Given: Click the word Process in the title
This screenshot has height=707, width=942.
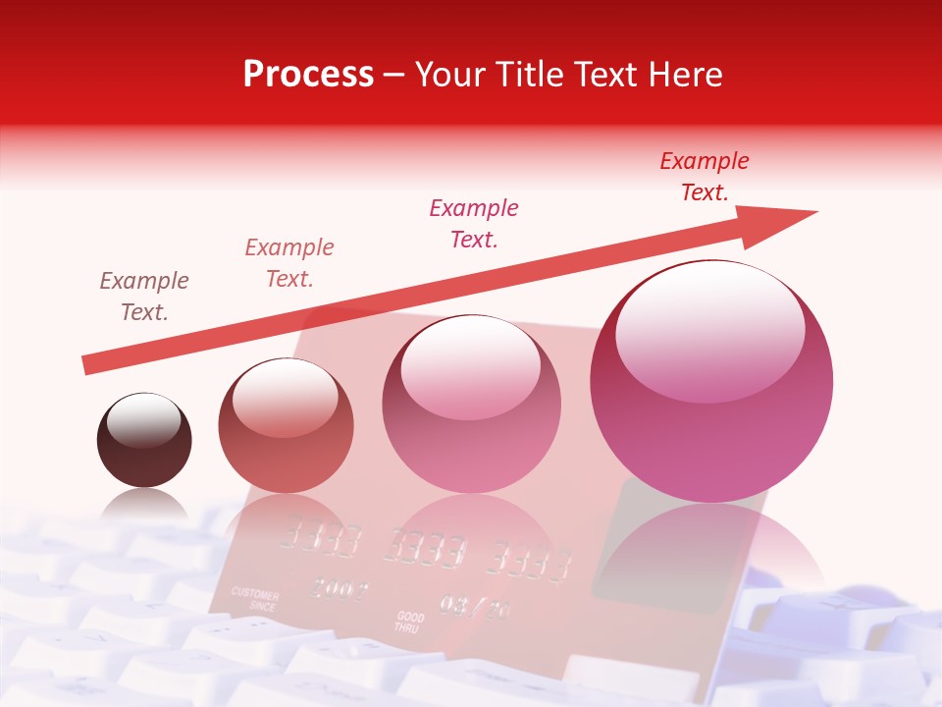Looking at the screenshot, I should tap(308, 75).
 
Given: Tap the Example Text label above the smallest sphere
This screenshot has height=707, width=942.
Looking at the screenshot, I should tap(144, 297).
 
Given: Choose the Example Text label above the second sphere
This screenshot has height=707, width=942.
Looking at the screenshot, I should tap(289, 263).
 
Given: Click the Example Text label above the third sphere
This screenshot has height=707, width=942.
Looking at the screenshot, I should tap(474, 224).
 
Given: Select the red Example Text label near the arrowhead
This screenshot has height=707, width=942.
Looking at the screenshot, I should tap(705, 177).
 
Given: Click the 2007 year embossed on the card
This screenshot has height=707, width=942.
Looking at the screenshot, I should tap(339, 589).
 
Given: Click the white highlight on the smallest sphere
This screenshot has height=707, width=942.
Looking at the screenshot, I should tap(143, 419).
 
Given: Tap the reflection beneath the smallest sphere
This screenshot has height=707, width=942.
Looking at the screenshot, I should tap(144, 506).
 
